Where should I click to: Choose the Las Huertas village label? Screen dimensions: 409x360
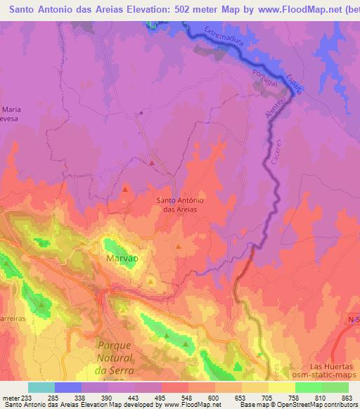(332, 368)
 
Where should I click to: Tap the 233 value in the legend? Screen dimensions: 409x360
(29, 398)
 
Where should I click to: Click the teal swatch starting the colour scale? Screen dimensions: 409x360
(41, 387)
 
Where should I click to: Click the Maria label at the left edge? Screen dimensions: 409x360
(12, 110)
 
